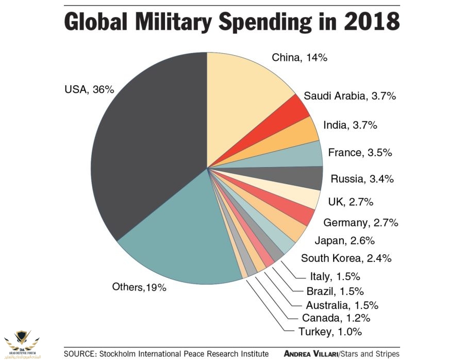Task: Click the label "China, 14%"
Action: pos(300,57)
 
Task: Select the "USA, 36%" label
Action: pos(89,89)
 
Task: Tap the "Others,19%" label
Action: pos(139,287)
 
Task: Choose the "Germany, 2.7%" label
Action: pos(361,223)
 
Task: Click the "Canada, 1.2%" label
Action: pos(329,318)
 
